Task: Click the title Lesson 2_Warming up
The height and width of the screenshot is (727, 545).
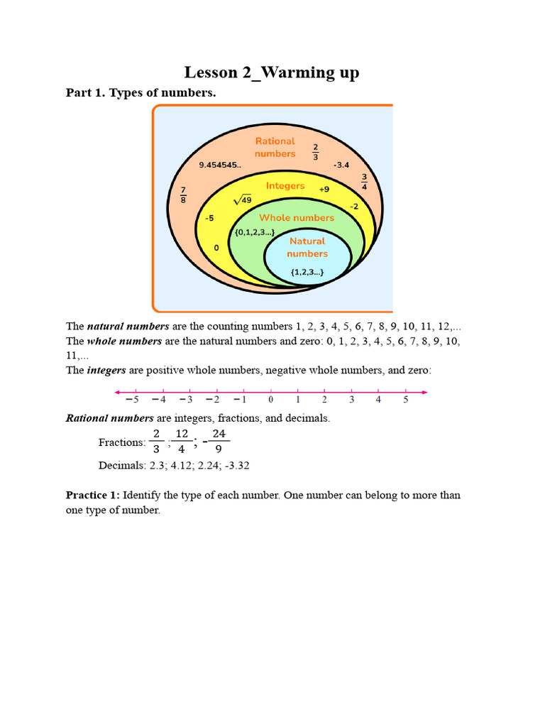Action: click(x=272, y=72)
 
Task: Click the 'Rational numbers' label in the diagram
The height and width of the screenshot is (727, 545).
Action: click(x=275, y=147)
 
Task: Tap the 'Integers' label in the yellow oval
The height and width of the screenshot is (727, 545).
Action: click(x=285, y=186)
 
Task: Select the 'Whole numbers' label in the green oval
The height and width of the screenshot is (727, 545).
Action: click(x=297, y=218)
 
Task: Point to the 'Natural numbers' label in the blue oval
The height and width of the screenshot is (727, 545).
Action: click(x=307, y=247)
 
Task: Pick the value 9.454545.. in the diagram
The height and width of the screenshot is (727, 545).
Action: click(x=220, y=165)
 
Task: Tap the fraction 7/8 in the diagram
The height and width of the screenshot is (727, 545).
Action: click(x=183, y=194)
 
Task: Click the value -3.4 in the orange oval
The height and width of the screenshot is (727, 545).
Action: click(x=341, y=165)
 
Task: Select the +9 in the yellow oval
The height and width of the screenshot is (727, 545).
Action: click(x=324, y=190)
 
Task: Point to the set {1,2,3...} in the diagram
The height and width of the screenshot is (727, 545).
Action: click(x=307, y=271)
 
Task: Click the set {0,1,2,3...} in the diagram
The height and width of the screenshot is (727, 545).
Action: click(x=254, y=232)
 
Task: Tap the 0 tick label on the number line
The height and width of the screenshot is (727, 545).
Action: click(x=270, y=400)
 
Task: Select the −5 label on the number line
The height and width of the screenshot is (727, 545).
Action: click(x=133, y=400)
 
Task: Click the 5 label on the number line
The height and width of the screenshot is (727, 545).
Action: click(x=406, y=400)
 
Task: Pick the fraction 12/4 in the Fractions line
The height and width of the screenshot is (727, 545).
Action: click(x=182, y=441)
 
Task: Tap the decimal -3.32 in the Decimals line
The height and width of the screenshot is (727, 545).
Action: click(x=235, y=466)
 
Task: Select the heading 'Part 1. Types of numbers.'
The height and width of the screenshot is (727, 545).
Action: click(x=131, y=92)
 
